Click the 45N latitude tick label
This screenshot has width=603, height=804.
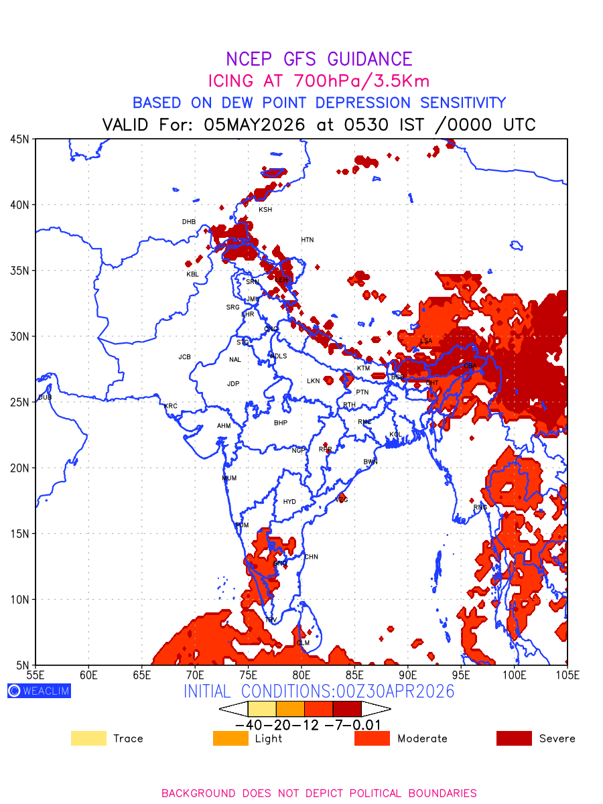(19, 139)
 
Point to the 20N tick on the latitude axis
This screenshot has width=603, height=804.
(19, 468)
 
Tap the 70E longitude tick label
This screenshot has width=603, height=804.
(195, 675)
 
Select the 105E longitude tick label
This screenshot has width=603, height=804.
(567, 675)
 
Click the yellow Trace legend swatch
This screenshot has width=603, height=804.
(88, 738)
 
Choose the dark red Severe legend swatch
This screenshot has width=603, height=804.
(514, 738)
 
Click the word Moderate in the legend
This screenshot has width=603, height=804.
(422, 738)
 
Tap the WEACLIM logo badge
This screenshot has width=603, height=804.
(39, 691)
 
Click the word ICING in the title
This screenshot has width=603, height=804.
(231, 81)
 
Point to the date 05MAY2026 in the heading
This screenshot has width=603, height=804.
(255, 125)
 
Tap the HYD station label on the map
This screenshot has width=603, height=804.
(289, 502)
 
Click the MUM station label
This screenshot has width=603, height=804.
(229, 478)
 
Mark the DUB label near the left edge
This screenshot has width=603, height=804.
(45, 397)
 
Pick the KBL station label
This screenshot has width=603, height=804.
(193, 274)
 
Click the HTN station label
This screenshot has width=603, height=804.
(307, 240)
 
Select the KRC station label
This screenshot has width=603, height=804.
(171, 406)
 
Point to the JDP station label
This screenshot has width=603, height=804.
(233, 384)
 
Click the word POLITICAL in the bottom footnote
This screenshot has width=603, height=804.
(379, 793)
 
